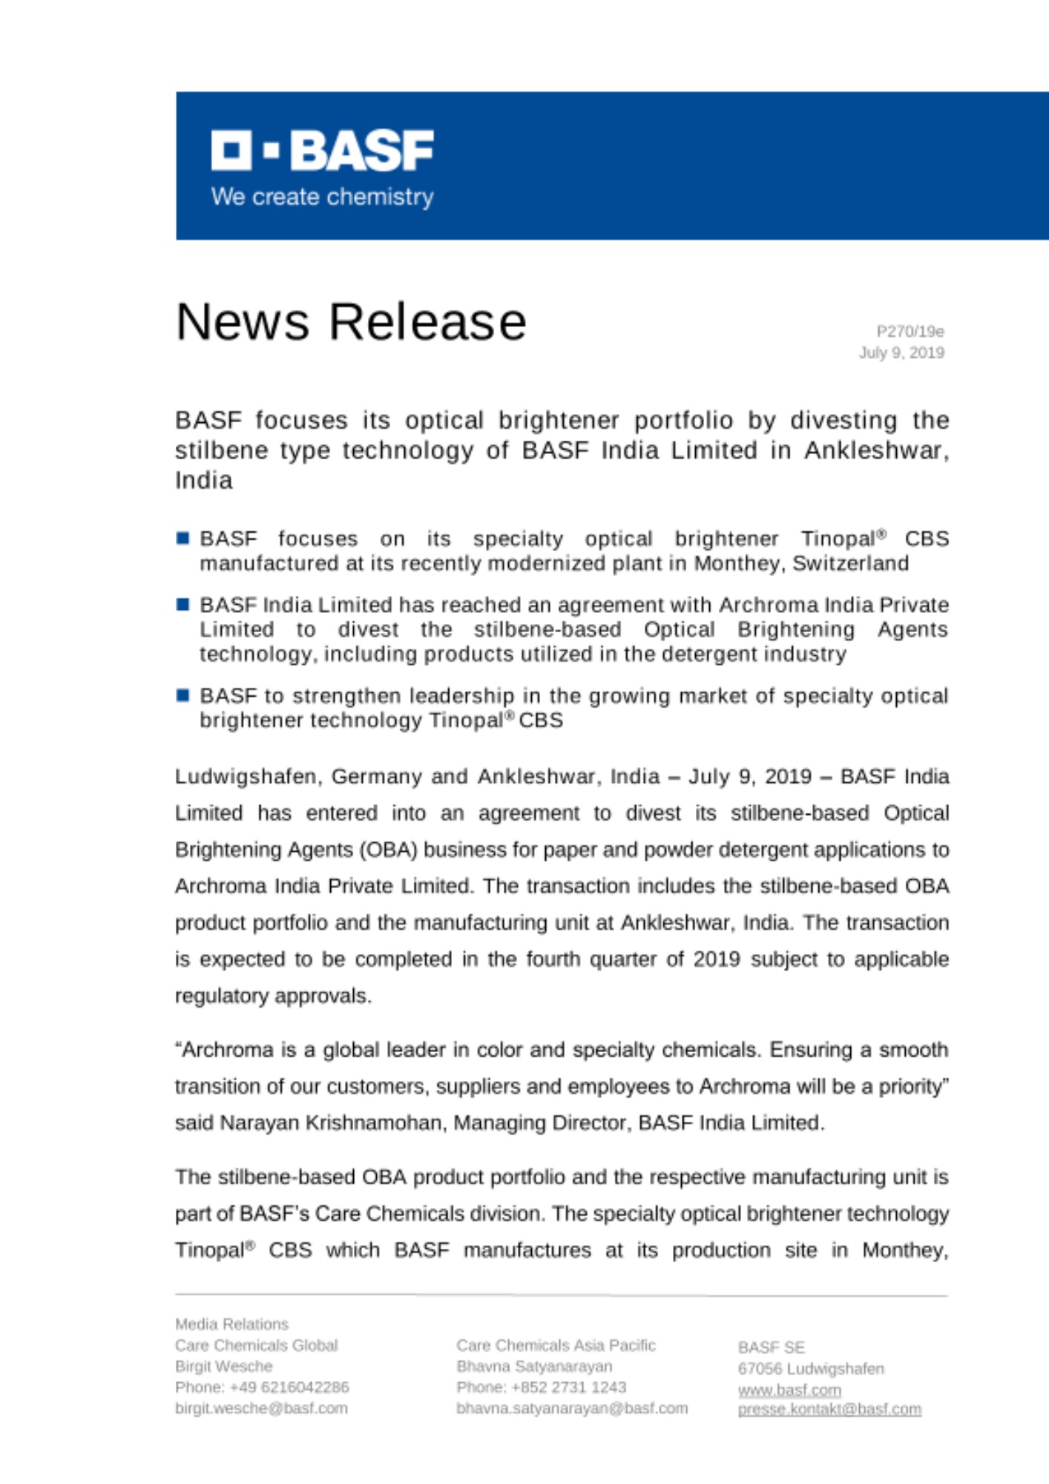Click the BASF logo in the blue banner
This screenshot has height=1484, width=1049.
tap(322, 151)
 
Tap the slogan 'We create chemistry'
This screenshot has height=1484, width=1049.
tap(322, 197)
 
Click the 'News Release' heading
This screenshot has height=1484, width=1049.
tap(351, 322)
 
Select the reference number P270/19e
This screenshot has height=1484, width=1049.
tap(910, 331)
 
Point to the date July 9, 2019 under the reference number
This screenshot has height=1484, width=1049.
tap(901, 352)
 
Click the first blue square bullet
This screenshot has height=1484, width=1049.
tap(182, 538)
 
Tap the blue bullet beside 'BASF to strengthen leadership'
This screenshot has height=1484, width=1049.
tap(182, 695)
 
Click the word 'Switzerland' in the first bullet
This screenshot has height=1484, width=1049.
tap(850, 564)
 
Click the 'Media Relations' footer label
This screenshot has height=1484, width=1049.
tap(231, 1324)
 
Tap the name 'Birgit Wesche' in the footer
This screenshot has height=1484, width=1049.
tap(223, 1366)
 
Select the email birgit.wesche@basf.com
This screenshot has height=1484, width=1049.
tap(261, 1408)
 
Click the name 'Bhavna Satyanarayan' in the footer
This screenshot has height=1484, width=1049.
tap(534, 1366)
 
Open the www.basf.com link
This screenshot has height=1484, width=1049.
tap(789, 1390)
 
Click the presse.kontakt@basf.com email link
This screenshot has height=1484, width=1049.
tap(829, 1409)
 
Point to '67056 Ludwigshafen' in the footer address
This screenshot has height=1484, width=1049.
tap(811, 1369)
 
